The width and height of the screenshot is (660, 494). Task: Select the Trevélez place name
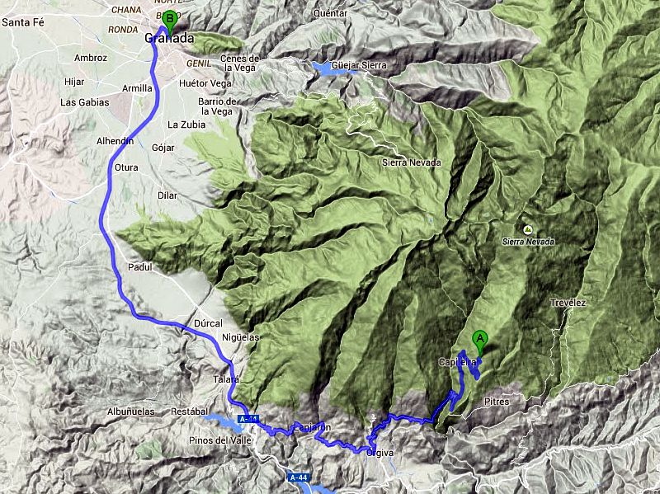(568, 303)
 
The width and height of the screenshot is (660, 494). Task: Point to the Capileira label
(456, 362)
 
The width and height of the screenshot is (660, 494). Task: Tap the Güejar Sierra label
(360, 64)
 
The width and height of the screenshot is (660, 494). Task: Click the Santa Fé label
(22, 22)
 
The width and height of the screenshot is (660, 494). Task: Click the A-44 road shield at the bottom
(299, 477)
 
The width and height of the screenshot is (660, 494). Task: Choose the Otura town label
(125, 167)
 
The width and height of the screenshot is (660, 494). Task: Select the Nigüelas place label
(241, 337)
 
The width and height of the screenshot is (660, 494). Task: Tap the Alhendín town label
(115, 141)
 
